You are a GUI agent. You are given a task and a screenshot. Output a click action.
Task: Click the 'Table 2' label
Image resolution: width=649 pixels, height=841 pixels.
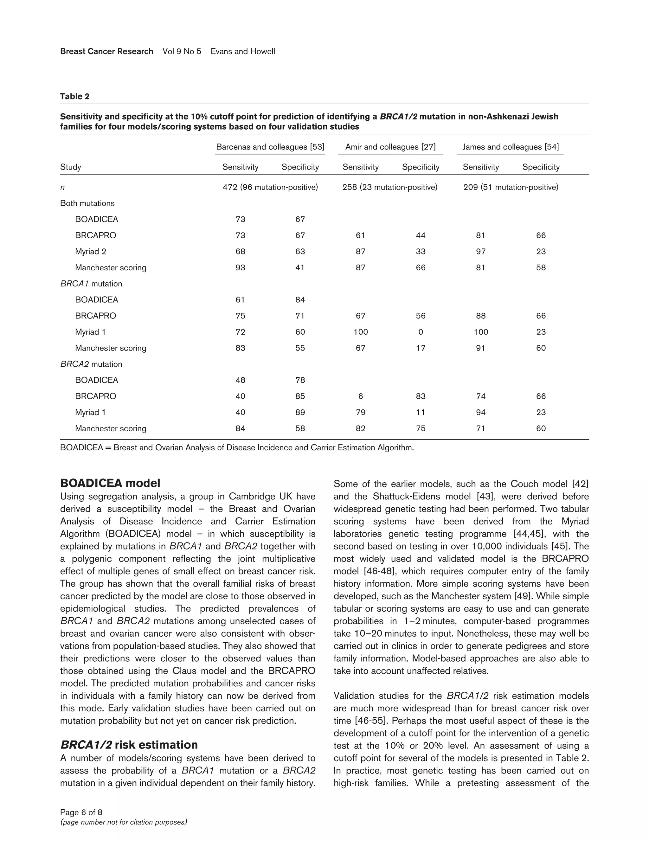pos(75,97)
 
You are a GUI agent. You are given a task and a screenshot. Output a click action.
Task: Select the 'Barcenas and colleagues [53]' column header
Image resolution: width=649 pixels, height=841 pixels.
pos(270,147)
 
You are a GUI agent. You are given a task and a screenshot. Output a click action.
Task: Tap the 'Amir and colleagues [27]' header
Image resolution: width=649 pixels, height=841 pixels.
pos(390,147)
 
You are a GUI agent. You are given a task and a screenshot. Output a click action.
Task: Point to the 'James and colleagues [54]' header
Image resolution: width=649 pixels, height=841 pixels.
pos(510,147)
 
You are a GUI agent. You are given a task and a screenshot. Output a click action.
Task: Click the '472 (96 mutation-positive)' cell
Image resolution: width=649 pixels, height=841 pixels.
pos(270,187)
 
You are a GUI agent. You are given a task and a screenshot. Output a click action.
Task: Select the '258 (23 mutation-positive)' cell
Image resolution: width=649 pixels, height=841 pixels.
pos(390,187)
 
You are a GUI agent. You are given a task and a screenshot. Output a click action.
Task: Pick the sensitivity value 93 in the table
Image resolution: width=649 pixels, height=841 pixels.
pos(240,268)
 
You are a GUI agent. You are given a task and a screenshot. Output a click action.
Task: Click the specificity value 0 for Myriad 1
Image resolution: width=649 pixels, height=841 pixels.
pos(421,332)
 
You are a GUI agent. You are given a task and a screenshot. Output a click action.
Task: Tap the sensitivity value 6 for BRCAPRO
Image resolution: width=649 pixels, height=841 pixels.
pos(361,396)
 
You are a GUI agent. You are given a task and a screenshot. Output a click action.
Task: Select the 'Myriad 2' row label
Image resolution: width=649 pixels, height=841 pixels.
pos(91,252)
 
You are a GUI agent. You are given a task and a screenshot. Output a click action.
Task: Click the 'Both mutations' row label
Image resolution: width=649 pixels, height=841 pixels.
pos(87,203)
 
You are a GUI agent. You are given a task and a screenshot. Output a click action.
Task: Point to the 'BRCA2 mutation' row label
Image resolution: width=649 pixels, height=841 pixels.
pos(91,364)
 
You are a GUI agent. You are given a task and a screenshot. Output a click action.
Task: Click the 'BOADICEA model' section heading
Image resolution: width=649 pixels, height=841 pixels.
pos(110,483)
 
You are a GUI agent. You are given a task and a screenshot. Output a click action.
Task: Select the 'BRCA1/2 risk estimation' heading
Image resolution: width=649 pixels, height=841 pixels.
pos(129,745)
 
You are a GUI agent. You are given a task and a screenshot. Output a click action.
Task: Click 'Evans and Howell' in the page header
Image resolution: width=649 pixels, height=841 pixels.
pos(243,52)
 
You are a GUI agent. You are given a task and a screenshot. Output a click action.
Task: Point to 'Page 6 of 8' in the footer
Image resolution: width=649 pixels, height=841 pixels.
pos(81,812)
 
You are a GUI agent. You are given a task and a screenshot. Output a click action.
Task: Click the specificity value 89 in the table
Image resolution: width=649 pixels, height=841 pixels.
pos(300,412)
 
